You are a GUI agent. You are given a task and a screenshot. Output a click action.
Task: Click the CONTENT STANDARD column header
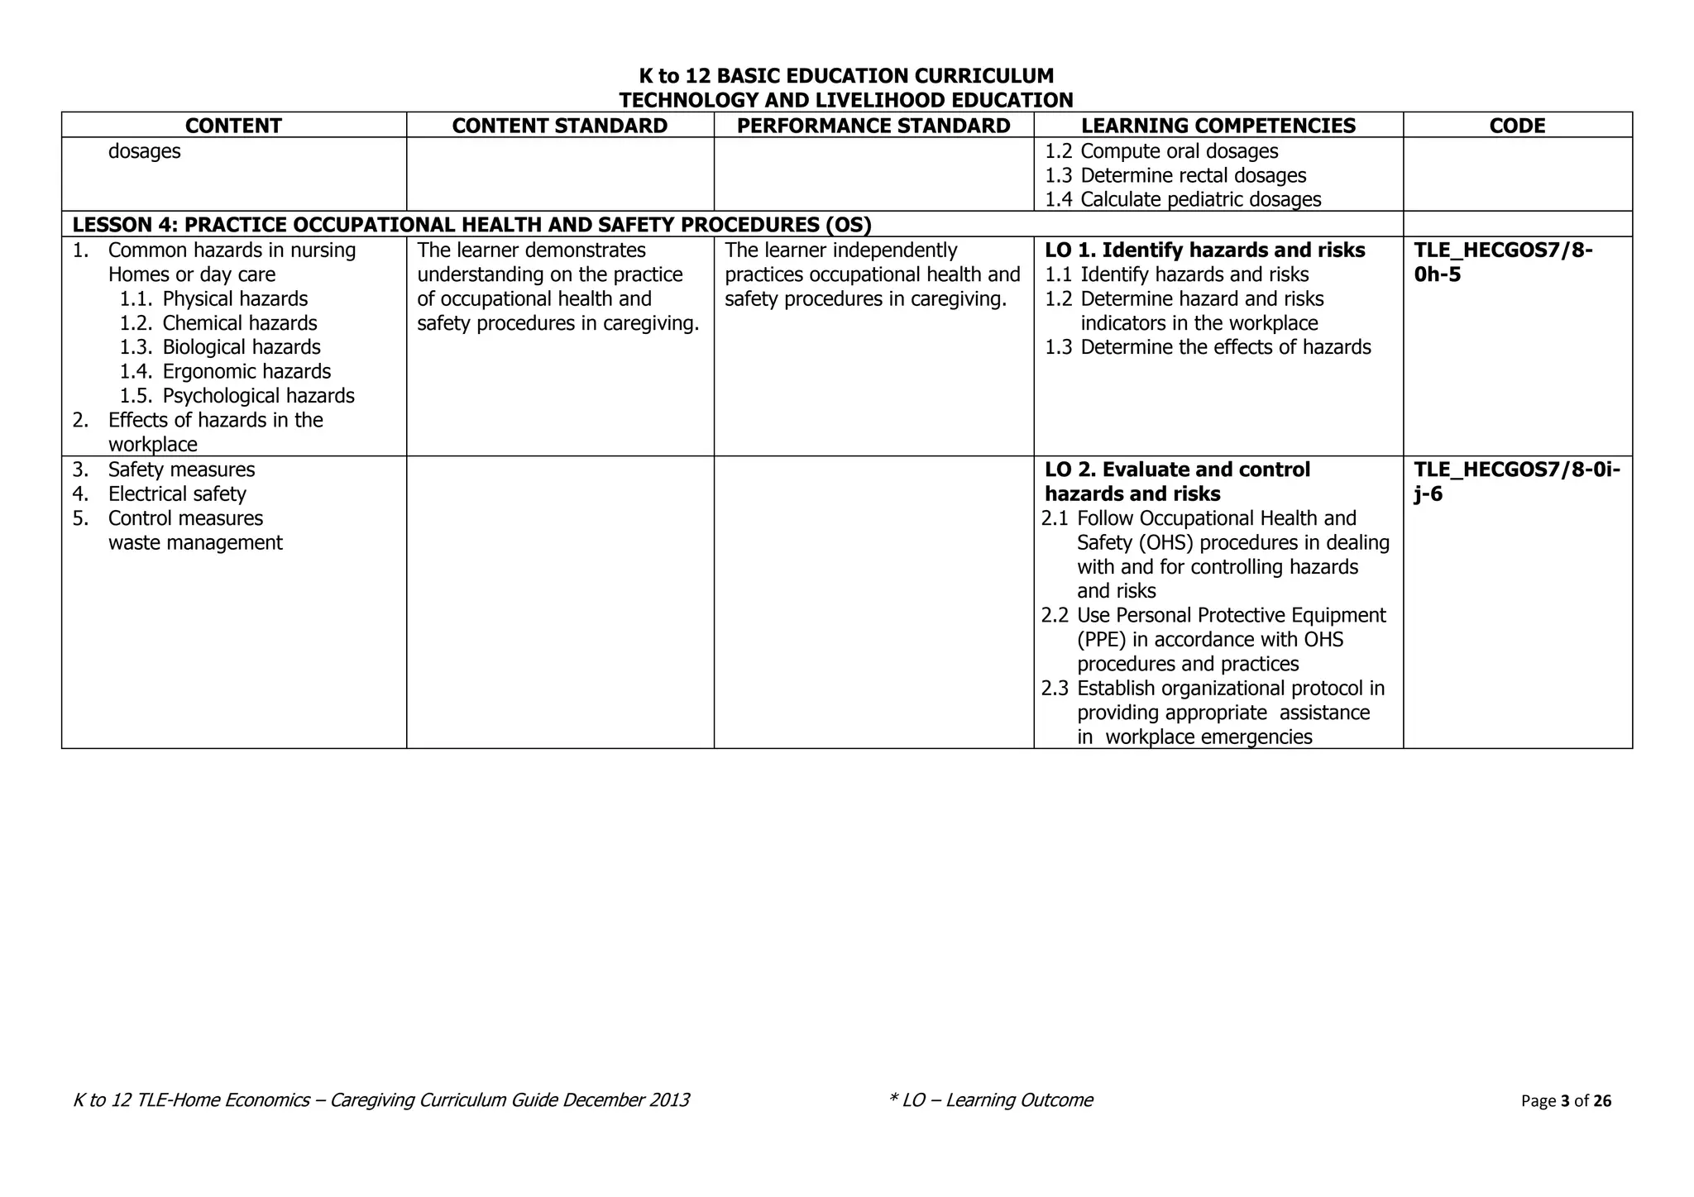(559, 126)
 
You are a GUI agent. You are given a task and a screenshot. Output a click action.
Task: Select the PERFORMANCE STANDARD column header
(873, 126)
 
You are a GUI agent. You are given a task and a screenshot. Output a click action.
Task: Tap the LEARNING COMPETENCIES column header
(1218, 126)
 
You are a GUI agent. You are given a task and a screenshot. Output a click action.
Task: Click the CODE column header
(1517, 126)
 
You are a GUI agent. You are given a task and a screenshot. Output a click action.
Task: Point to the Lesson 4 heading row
(471, 225)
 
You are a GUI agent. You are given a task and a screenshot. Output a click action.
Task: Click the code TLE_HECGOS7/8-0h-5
(1503, 262)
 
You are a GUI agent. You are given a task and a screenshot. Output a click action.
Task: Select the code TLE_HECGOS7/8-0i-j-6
(1516, 481)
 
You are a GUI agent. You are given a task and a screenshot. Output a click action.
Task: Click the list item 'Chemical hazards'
(239, 323)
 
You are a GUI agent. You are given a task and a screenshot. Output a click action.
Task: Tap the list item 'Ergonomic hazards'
(246, 372)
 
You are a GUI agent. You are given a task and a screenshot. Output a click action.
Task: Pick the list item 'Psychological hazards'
(258, 396)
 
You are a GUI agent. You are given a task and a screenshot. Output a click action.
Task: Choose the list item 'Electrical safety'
(177, 494)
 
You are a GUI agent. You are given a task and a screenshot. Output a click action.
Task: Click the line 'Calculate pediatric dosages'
(1200, 199)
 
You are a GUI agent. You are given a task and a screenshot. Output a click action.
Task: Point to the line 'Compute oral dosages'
(1179, 151)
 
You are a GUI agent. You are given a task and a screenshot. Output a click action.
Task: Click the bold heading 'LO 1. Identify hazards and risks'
(1204, 250)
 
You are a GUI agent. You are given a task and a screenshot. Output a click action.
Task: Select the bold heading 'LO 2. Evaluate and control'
(1177, 470)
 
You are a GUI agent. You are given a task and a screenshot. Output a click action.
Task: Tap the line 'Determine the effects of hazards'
(1225, 347)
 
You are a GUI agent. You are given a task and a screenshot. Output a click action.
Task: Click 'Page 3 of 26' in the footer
(1566, 1100)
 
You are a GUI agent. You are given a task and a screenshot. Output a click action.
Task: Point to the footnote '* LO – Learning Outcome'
(990, 1099)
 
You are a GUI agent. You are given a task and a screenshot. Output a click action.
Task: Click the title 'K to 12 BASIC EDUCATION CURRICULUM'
(846, 76)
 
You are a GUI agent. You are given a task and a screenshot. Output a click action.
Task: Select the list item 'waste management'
(195, 543)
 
